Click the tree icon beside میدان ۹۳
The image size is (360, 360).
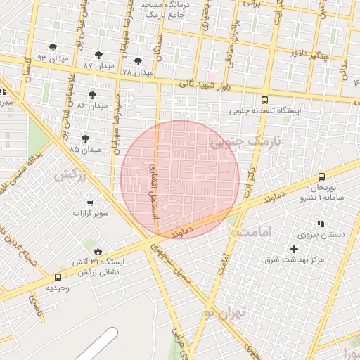click(53, 47)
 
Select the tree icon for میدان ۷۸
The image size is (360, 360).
click(138, 61)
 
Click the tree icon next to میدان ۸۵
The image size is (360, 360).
click(86, 139)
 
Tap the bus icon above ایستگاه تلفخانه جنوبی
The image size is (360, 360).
click(264, 100)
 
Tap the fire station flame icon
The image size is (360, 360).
click(97, 250)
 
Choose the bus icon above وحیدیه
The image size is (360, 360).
click(58, 277)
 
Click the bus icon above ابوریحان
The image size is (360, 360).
click(321, 177)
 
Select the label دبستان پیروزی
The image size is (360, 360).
click(320, 236)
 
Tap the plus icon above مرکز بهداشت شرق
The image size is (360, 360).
click(294, 249)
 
